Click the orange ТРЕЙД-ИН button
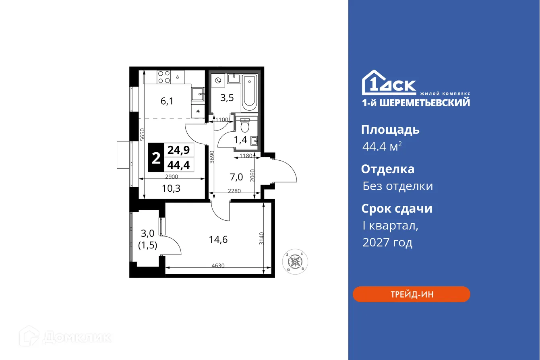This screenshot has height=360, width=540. click(x=411, y=294)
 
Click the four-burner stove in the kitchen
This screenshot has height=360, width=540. click(x=163, y=77)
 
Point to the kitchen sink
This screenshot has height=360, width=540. click(x=198, y=95)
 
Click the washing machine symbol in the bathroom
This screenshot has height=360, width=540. click(x=218, y=81)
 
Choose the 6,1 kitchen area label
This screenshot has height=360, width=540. click(x=167, y=101)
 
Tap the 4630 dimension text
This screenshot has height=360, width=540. click(x=217, y=265)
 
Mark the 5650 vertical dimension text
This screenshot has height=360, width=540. click(x=142, y=134)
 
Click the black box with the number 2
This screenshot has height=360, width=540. click(x=156, y=157)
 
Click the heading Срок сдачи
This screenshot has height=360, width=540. click(x=396, y=209)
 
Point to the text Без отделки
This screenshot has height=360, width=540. click(x=397, y=186)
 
